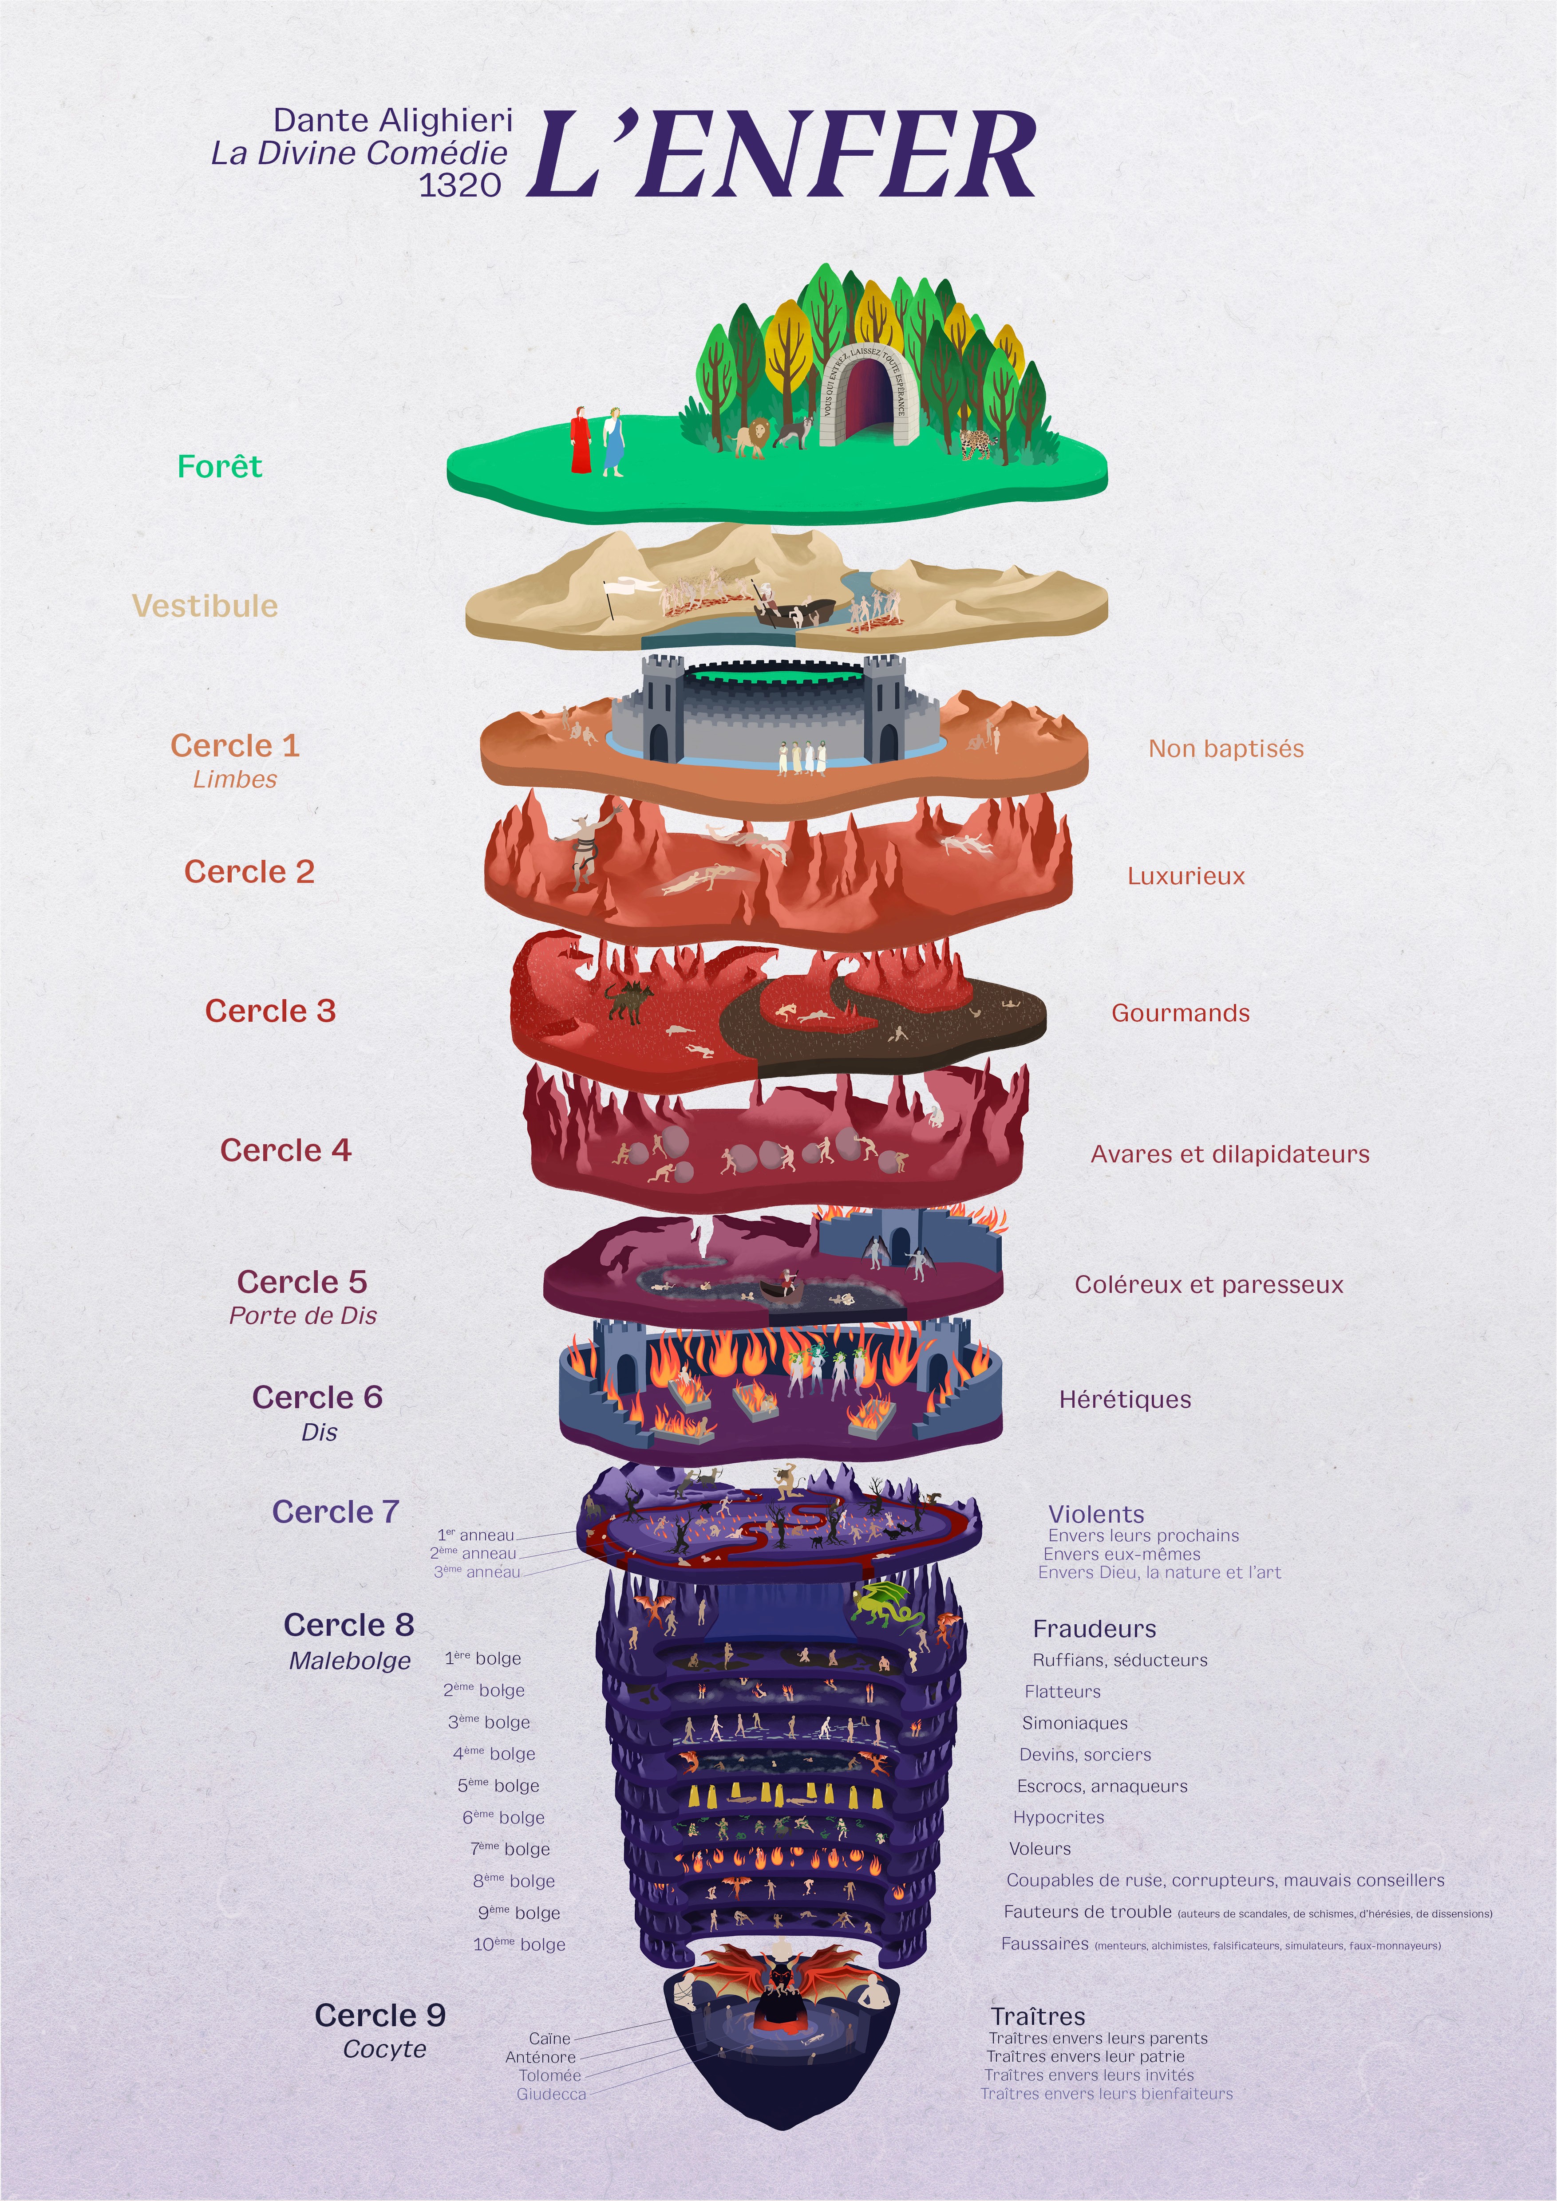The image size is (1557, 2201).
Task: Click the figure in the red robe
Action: [580, 441]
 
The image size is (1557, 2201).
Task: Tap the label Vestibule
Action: [205, 606]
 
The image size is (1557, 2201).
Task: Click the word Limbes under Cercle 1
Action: [235, 780]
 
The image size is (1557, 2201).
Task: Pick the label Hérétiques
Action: [1125, 1400]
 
